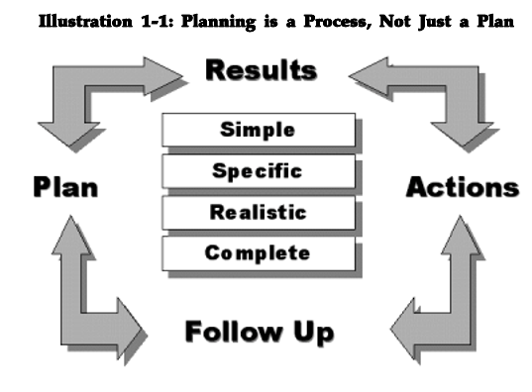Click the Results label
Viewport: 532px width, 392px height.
click(261, 70)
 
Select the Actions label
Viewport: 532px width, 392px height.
click(462, 186)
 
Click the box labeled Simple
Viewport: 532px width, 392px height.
click(259, 130)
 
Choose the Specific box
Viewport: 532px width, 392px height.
click(259, 170)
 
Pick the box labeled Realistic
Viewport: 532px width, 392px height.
click(259, 212)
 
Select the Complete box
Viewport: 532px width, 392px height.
click(259, 253)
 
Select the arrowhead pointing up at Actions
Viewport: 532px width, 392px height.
click(462, 233)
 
